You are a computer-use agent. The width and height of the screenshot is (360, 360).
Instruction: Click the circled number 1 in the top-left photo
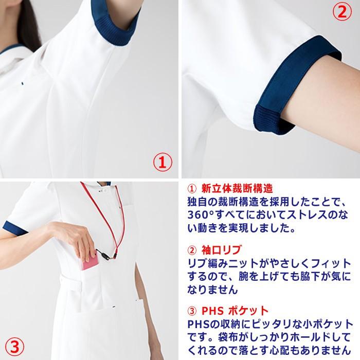click(x=162, y=163)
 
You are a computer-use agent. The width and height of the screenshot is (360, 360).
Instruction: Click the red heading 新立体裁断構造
click(x=237, y=188)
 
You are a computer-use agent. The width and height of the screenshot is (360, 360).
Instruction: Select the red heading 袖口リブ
click(x=221, y=250)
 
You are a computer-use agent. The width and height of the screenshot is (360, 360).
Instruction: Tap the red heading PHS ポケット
click(x=235, y=311)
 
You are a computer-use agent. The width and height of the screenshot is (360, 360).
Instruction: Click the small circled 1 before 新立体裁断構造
click(x=192, y=188)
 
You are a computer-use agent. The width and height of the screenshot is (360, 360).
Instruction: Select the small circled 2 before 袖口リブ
click(x=192, y=250)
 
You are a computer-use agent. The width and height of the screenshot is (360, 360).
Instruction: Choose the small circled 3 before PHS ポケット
click(x=192, y=311)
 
